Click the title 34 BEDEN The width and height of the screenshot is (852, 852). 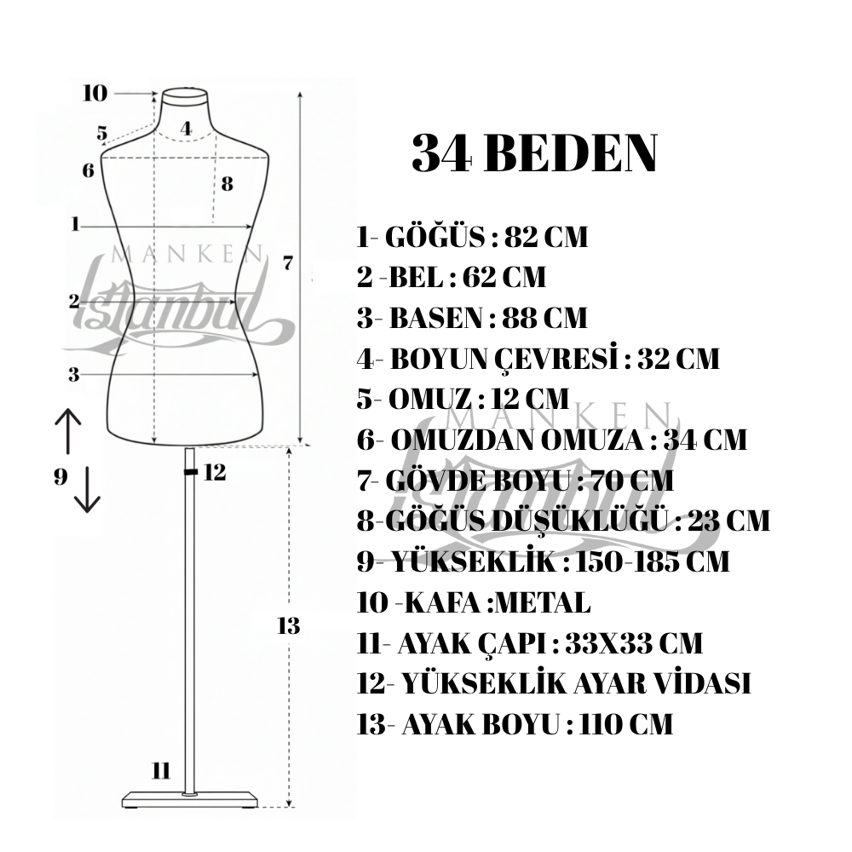[x=535, y=153]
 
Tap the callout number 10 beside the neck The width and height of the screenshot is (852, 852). [x=95, y=94]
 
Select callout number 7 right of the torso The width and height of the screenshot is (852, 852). [x=288, y=263]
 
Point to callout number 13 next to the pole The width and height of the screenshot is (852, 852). [x=289, y=626]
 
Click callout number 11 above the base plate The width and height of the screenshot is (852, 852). [x=161, y=770]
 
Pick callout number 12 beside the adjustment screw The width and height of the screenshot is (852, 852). [x=215, y=473]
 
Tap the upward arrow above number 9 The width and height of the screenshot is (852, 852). [x=68, y=431]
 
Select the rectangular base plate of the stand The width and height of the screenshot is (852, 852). [x=190, y=800]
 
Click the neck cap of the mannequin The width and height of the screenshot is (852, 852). [x=185, y=96]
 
